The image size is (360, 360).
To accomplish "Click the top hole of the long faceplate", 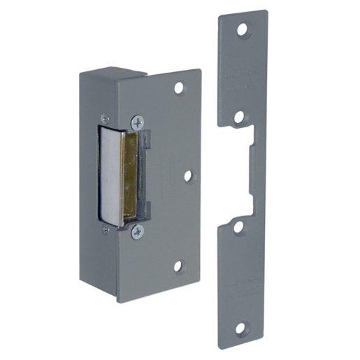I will point(243,31).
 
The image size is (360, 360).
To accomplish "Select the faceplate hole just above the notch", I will point(239,116).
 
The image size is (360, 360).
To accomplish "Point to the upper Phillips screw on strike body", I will point(137,121).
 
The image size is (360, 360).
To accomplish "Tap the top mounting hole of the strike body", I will point(180,89).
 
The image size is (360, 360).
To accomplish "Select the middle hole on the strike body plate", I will point(188,175).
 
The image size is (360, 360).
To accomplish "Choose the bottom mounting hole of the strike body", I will point(178,266).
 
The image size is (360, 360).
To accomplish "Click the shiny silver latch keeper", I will point(110,175).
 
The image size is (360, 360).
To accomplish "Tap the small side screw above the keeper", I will point(106,118).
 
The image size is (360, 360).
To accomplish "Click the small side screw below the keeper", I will point(106,229).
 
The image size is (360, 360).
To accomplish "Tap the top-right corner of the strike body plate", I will point(199,71).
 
